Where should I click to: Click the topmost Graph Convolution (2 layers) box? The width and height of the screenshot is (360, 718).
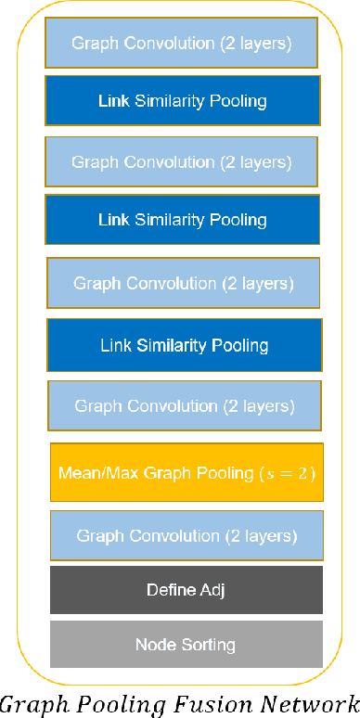[x=182, y=43]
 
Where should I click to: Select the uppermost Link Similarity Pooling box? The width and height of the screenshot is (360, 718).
[x=182, y=100]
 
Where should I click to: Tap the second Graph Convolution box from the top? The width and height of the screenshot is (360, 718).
[x=182, y=161]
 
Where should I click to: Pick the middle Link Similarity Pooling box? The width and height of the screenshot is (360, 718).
[x=183, y=220]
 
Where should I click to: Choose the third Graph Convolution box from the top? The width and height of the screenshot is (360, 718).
[x=184, y=282]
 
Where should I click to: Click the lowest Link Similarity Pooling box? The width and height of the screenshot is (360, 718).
[x=184, y=346]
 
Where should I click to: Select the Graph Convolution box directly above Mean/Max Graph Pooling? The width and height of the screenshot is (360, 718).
[x=185, y=406]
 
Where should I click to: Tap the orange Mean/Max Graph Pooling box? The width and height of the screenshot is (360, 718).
[x=186, y=473]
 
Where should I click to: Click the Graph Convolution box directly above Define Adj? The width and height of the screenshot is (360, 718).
[x=186, y=536]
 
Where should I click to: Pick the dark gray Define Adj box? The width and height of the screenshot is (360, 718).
[x=186, y=590]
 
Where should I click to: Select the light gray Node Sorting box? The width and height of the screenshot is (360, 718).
[x=186, y=645]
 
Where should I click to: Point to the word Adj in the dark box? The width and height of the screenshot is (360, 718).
[x=211, y=590]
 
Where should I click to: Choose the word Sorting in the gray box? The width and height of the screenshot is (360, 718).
[x=208, y=645]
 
